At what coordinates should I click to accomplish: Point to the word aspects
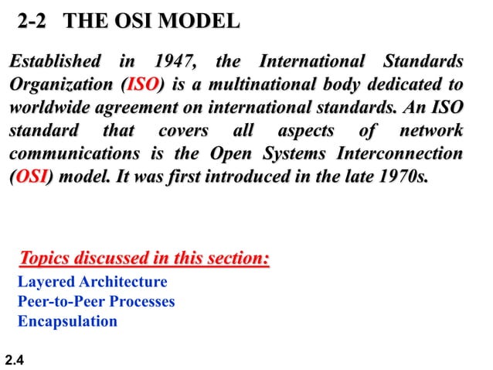[301, 130]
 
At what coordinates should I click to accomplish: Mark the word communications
[68, 153]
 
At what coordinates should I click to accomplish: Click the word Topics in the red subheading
[46, 256]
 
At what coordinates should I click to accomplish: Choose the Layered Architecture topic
[92, 282]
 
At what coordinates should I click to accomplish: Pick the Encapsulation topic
[68, 320]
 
